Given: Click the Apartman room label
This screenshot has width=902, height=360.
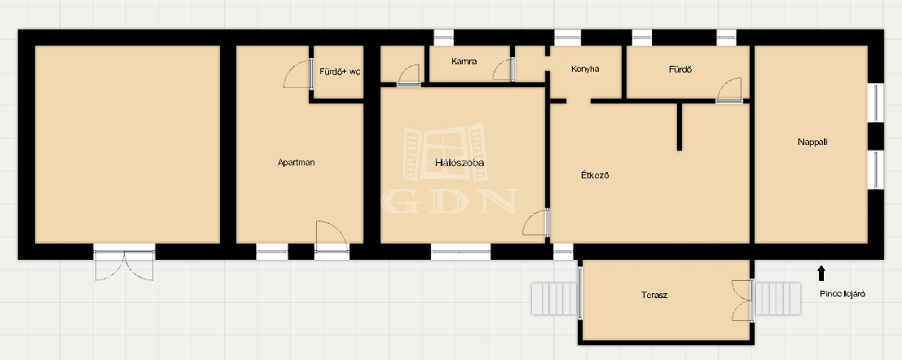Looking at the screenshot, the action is point(296,162).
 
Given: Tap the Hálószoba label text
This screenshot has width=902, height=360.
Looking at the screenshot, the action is point(459,163).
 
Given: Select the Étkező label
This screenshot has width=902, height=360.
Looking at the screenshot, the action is point(595,175).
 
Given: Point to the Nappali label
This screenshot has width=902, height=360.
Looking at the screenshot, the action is point(813,142).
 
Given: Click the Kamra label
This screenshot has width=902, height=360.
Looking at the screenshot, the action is point(464,61).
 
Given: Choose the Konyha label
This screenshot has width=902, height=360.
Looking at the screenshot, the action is point(585,69).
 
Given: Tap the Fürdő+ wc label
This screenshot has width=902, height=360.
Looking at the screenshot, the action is point(340,72).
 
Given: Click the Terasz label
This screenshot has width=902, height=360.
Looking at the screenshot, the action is point(654,294).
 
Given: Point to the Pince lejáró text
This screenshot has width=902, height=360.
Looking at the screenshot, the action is point(842,294).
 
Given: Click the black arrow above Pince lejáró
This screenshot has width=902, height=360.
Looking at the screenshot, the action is point(822,273).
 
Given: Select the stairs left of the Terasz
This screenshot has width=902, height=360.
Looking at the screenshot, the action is point(555,299).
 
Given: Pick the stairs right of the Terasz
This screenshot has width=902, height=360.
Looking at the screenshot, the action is point(777,299).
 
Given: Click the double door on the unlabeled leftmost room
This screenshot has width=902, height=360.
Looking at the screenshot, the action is point(124,262).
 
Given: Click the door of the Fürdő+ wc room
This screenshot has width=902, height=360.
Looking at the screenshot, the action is point(298,74).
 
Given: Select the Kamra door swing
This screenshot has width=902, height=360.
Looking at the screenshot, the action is point(503,70).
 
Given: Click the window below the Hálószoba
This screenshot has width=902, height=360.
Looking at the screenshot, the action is point(461,252).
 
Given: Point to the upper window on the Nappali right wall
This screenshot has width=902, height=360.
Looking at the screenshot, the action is point(875,102).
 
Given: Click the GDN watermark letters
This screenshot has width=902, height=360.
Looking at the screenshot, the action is point(450,201).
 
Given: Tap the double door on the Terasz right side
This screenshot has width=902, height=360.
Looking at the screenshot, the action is point(743,300).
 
